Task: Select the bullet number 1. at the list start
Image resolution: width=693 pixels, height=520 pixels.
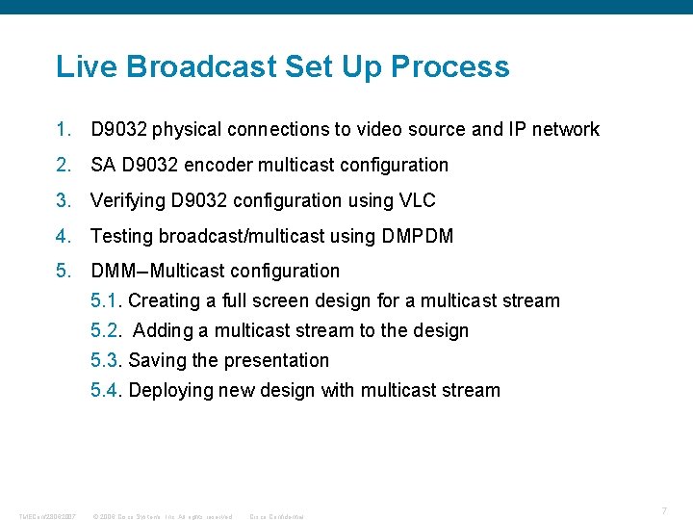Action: [x=64, y=129]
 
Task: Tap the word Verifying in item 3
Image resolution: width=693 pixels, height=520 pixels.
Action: [x=128, y=200]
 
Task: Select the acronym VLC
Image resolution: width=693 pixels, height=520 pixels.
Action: [x=416, y=200]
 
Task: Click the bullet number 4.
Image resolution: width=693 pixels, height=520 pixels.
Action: [x=64, y=235]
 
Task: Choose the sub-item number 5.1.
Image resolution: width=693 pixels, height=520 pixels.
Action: [x=106, y=300]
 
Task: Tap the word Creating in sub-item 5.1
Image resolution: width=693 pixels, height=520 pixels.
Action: [x=163, y=300]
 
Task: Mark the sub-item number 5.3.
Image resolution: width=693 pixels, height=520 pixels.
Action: [x=106, y=360]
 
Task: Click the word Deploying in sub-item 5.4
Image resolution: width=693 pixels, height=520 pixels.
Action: [x=170, y=390]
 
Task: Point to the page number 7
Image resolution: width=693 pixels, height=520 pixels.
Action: [x=664, y=509]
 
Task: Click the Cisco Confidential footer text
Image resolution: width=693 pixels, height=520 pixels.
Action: [x=276, y=516]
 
